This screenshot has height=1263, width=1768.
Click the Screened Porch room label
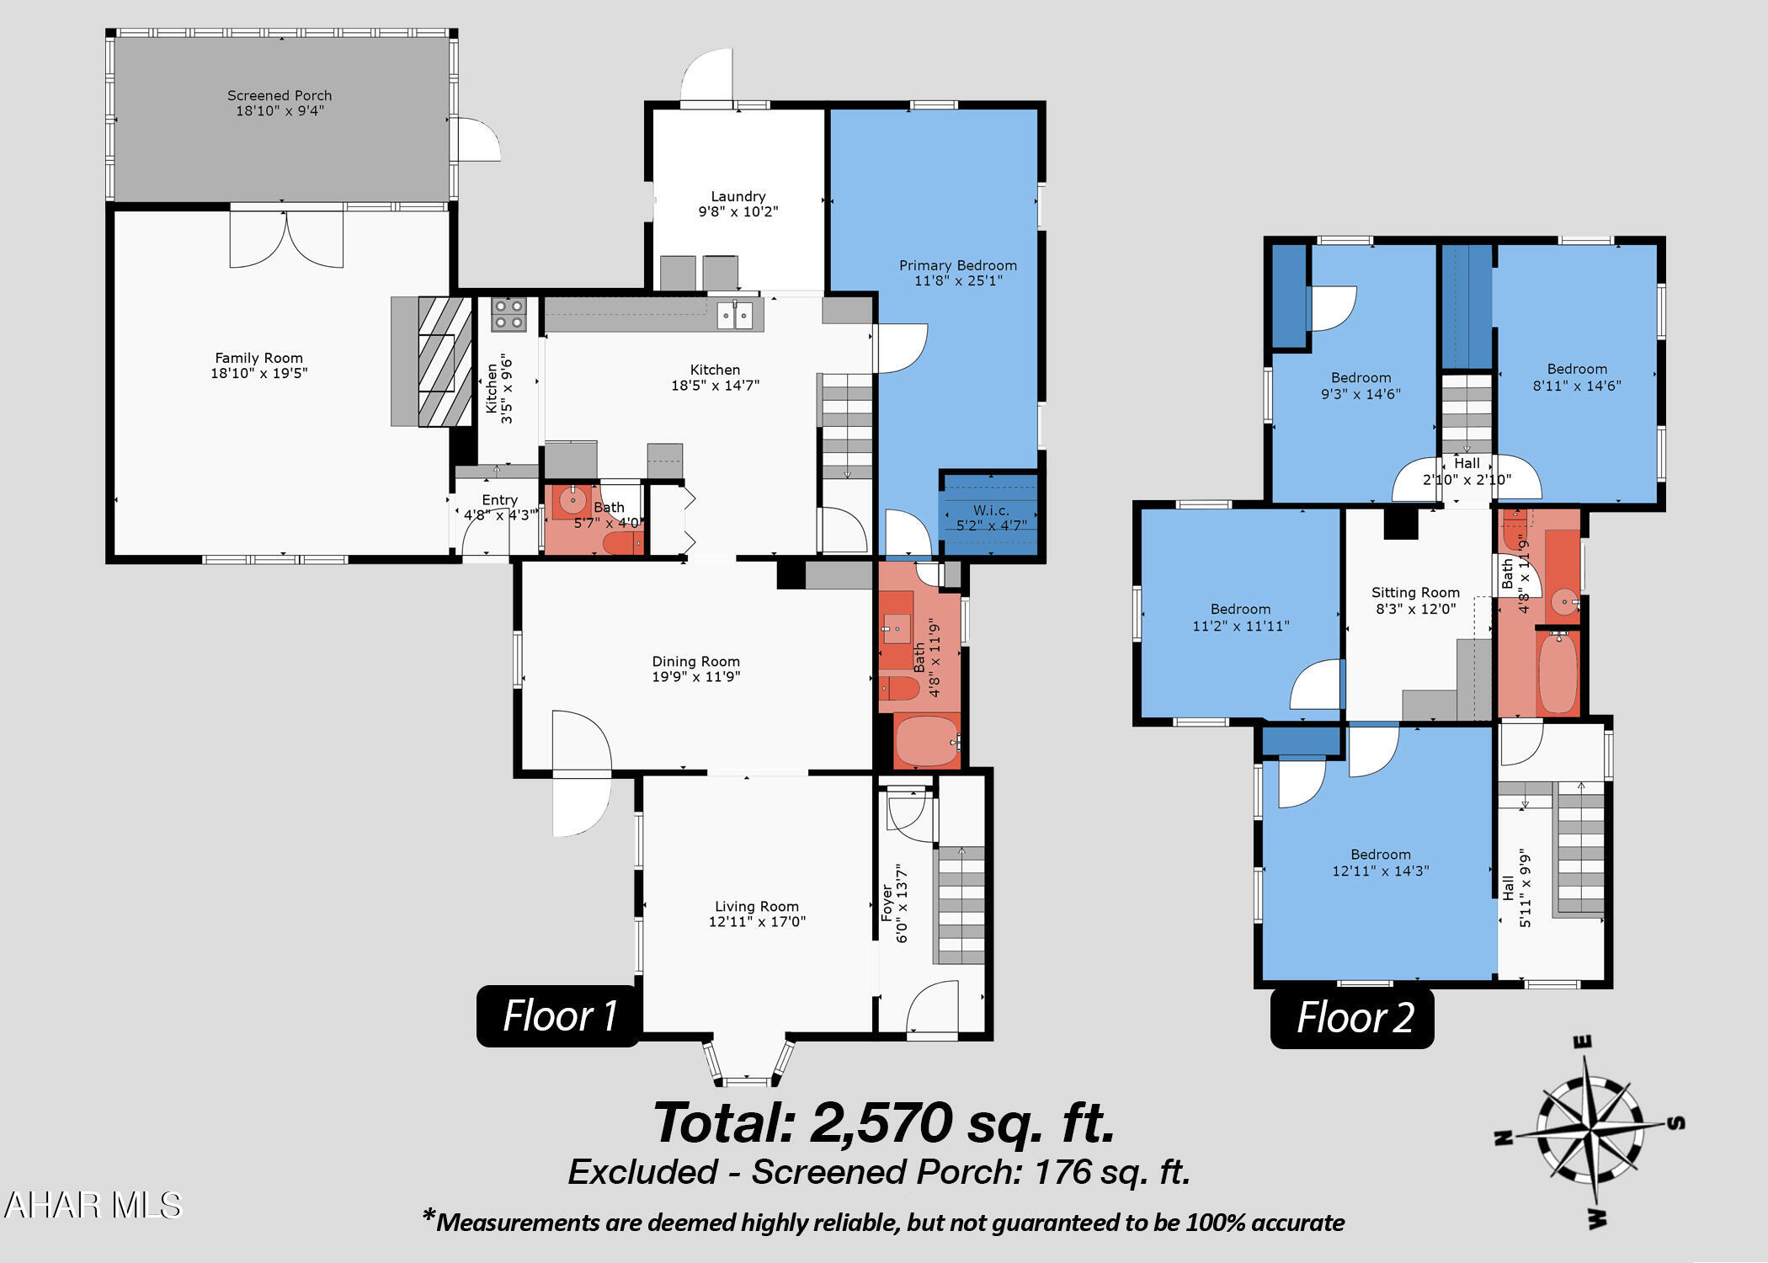tap(280, 95)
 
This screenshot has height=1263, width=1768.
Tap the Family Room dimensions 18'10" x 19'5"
tap(259, 373)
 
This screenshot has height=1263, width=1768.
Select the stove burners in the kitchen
tap(509, 314)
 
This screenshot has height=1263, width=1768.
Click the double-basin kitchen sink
tap(736, 315)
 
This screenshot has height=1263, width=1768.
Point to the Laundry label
tap(738, 196)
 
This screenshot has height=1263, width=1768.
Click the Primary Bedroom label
tap(958, 265)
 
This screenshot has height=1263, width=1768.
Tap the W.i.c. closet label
tap(992, 510)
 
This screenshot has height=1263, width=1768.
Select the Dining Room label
tap(696, 662)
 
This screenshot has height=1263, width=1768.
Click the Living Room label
tap(757, 906)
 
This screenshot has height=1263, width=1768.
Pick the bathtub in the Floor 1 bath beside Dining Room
tap(927, 741)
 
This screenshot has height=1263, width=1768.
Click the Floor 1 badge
tap(559, 1015)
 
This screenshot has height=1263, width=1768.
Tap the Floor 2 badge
tap(1353, 1017)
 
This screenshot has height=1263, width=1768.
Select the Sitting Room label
tap(1416, 593)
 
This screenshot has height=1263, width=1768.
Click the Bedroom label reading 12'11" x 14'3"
tap(1381, 855)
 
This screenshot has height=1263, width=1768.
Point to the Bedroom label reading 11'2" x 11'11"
tap(1241, 609)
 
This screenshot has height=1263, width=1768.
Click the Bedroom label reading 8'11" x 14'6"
tap(1578, 369)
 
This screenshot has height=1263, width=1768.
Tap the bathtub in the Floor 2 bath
tap(1558, 673)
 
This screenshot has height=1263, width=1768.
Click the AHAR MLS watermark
tap(93, 1206)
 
